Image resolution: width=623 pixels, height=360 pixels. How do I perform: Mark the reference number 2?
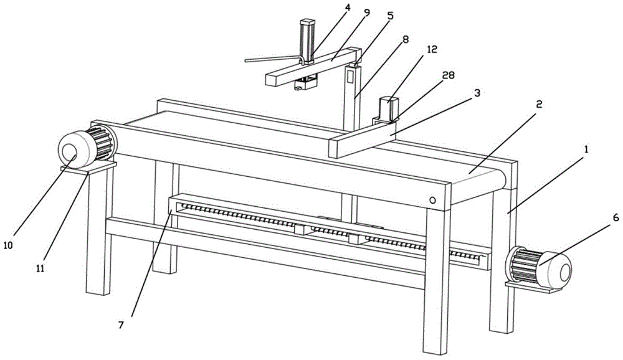click(x=539, y=105)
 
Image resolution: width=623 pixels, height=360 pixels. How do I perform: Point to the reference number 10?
click(x=8, y=245)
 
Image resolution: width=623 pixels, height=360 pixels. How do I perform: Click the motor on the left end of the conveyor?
click(x=84, y=147)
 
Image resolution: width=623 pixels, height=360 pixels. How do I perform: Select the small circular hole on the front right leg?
click(x=432, y=201)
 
